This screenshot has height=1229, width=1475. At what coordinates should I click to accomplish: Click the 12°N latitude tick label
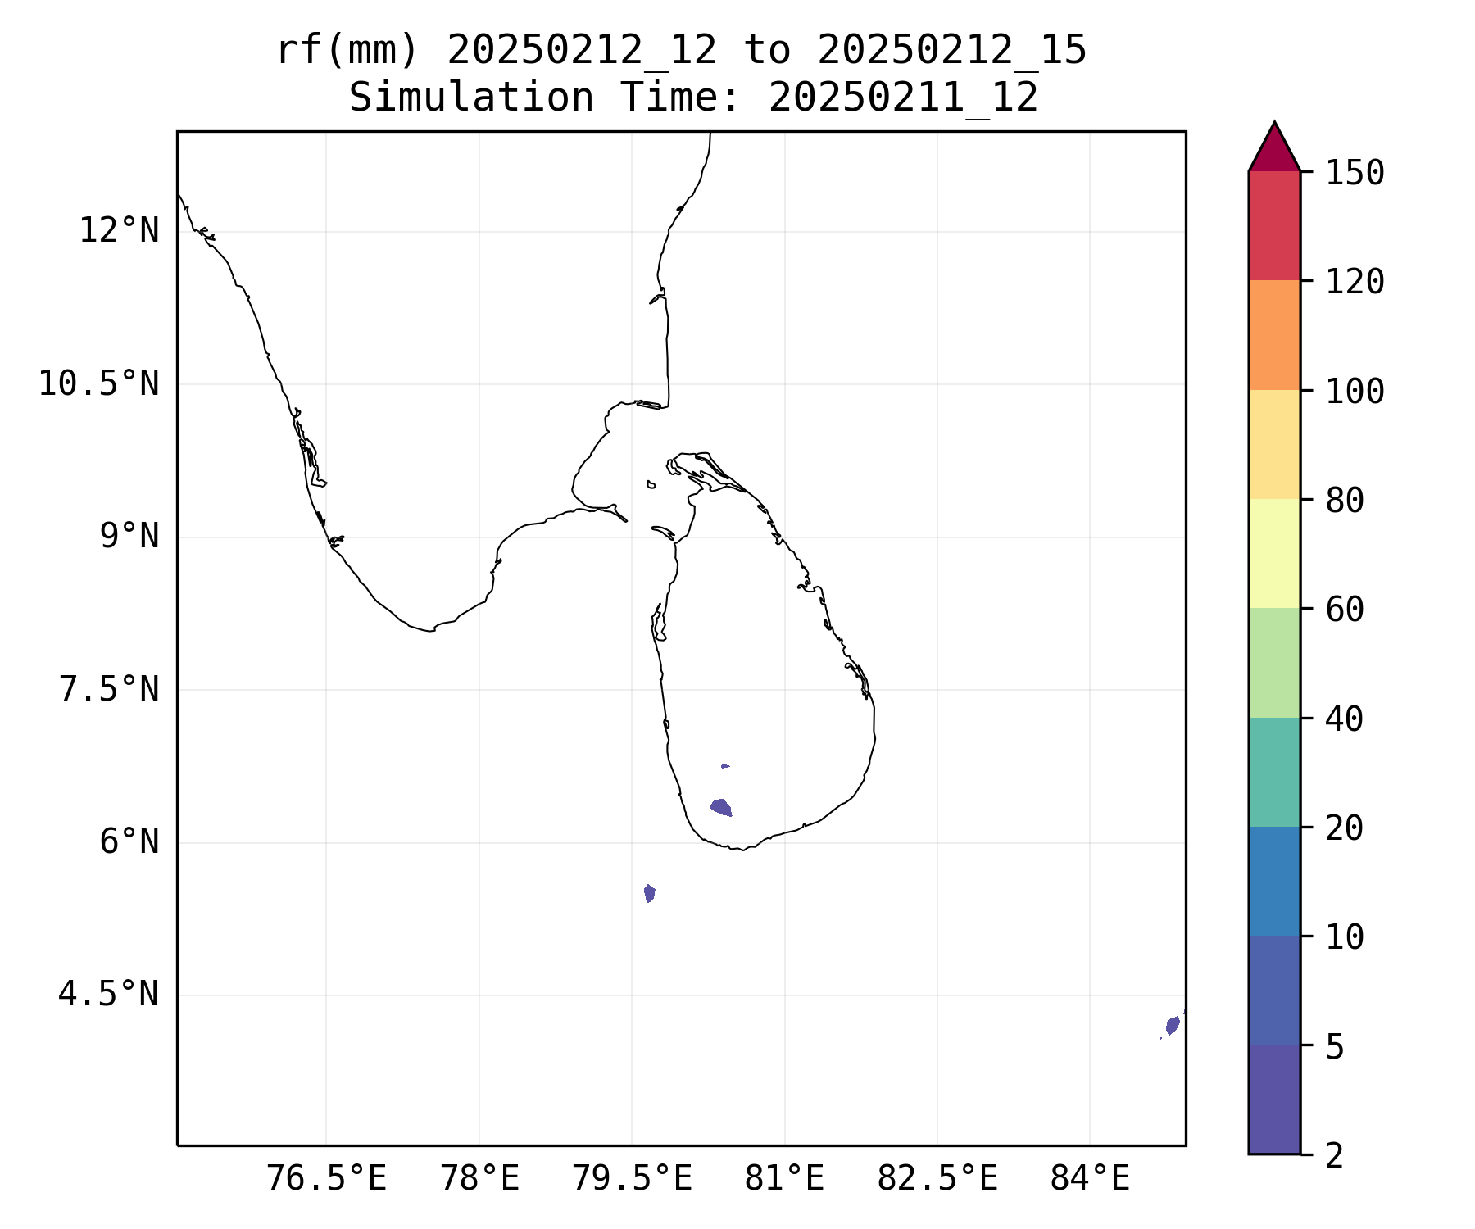pyautogui.click(x=119, y=231)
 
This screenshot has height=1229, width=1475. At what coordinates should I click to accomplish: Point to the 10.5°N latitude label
pyautogui.click(x=99, y=383)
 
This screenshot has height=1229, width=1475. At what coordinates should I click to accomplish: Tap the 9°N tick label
pyautogui.click(x=129, y=537)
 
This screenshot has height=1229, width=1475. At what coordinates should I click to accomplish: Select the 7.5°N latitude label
pyautogui.click(x=109, y=689)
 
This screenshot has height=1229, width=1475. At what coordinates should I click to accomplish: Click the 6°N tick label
pyautogui.click(x=129, y=842)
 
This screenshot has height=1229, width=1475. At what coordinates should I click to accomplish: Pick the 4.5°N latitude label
pyautogui.click(x=109, y=995)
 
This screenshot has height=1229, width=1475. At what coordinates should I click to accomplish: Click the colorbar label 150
pyautogui.click(x=1355, y=173)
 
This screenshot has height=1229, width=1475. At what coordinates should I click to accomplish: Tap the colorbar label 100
pyautogui.click(x=1355, y=391)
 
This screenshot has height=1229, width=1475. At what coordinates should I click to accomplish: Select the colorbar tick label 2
pyautogui.click(x=1334, y=1156)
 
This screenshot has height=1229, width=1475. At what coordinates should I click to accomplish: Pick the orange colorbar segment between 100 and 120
pyautogui.click(x=1274, y=335)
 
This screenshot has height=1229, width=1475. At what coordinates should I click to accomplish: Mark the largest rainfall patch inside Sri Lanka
pyautogui.click(x=721, y=808)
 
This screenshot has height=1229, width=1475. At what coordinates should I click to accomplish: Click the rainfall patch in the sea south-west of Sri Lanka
pyautogui.click(x=650, y=893)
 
